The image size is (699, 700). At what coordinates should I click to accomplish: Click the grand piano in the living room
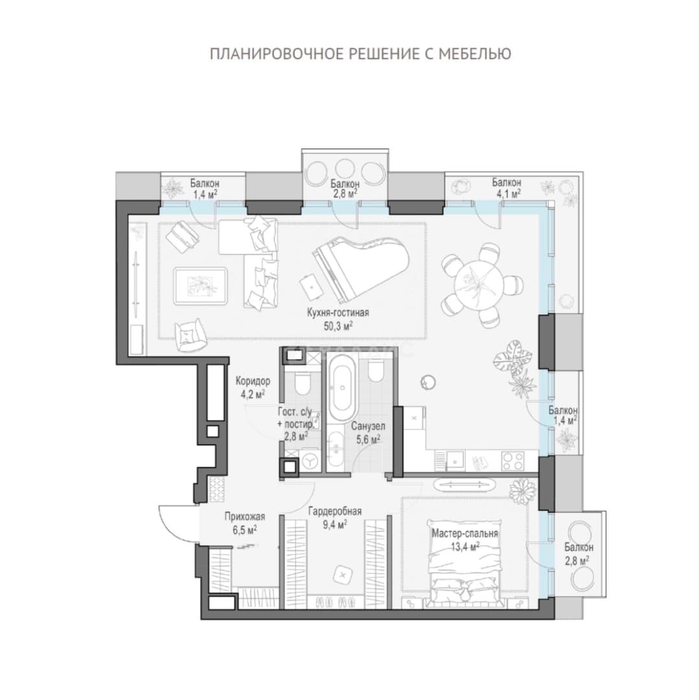pyautogui.click(x=361, y=268)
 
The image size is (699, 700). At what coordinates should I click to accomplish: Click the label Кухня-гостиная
pyautogui.click(x=338, y=312)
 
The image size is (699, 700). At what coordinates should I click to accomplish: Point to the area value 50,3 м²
pyautogui.click(x=338, y=326)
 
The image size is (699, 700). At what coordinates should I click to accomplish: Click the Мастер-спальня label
pyautogui.click(x=464, y=533)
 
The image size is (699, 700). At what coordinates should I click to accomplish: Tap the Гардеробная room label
pyautogui.click(x=335, y=511)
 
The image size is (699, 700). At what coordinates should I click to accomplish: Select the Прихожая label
pyautogui.click(x=244, y=517)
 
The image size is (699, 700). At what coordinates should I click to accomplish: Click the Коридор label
pyautogui.click(x=253, y=381)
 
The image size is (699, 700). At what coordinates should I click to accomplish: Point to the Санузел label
pyautogui.click(x=368, y=426)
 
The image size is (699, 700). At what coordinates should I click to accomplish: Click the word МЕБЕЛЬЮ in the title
pyautogui.click(x=475, y=54)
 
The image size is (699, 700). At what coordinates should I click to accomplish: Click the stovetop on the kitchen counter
pyautogui.click(x=512, y=461)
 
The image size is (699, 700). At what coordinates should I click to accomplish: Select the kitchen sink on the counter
pyautogui.click(x=455, y=461)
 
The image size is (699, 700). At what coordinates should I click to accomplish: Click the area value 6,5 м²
pyautogui.click(x=244, y=530)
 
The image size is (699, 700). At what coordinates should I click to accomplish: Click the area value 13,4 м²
pyautogui.click(x=464, y=546)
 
